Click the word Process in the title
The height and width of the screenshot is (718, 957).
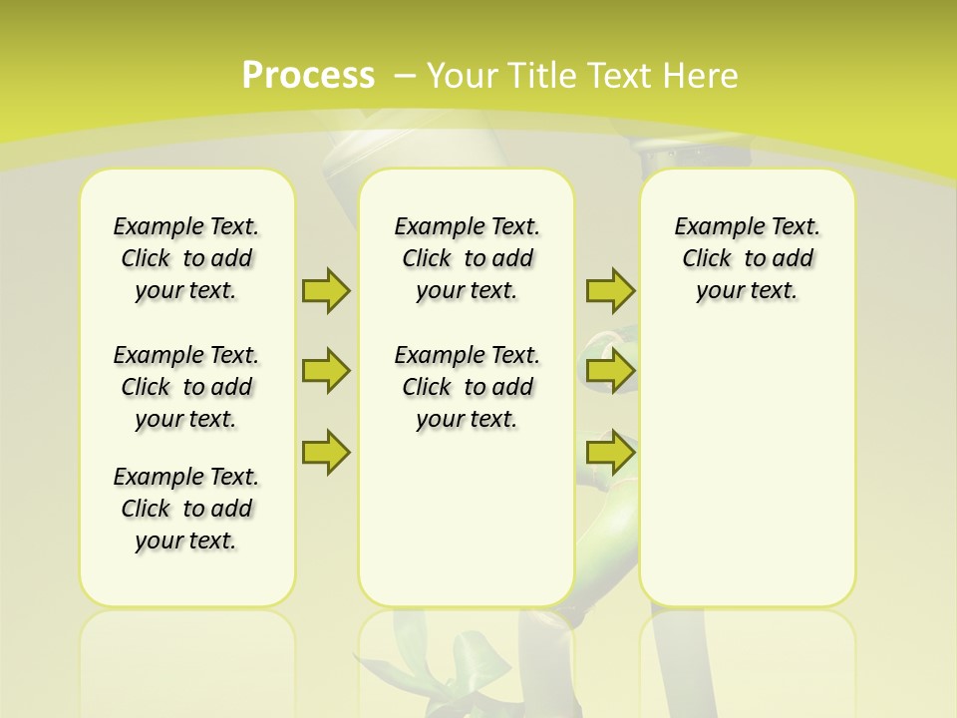coord(308,76)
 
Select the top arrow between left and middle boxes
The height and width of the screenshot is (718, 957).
coord(325,290)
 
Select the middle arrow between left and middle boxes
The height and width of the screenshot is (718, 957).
coord(325,371)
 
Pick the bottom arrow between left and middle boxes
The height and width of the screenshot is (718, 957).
coord(325,452)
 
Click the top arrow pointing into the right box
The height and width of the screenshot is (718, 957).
coord(610,290)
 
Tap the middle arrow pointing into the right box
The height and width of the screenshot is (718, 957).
coord(610,371)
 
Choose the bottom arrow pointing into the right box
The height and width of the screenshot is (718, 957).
coord(610,452)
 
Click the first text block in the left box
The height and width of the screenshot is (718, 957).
coord(186,258)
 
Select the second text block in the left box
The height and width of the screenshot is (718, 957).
coord(186,387)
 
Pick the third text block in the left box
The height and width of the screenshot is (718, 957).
coord(186,509)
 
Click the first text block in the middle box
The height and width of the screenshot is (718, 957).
coord(467,258)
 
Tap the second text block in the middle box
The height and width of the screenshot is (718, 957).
coord(467,387)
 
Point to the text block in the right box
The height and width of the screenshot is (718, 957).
coord(747,258)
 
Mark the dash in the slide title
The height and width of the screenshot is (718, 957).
coord(405,76)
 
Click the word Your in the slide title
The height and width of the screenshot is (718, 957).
coord(464,76)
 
